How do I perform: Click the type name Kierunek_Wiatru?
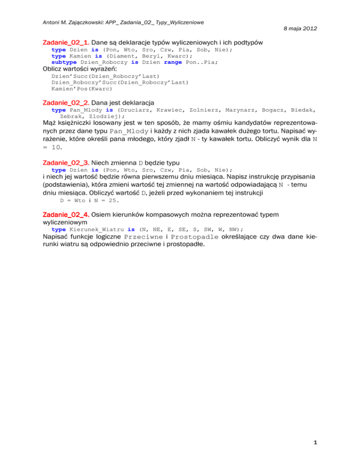click(x=96, y=229)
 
